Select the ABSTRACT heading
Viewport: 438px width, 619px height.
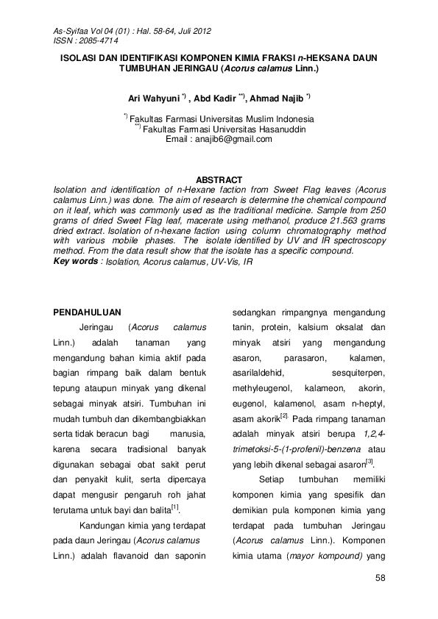point(219,180)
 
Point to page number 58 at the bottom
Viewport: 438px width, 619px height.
point(380,578)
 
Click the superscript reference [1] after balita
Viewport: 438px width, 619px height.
point(174,507)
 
